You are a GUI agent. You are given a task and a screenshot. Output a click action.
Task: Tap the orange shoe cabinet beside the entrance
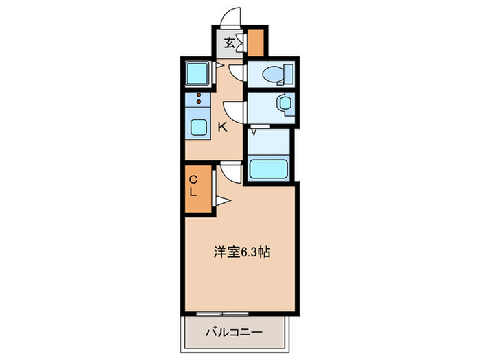pos(256,43)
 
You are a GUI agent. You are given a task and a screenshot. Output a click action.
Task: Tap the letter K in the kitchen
pos(222,126)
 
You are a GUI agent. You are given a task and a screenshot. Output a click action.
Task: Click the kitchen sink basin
pos(200,128)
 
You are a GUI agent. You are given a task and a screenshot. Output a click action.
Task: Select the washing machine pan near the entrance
pos(199,72)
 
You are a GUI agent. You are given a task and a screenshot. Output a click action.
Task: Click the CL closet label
pos(194,186)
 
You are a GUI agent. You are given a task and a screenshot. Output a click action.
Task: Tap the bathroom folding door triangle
pos(254,128)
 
